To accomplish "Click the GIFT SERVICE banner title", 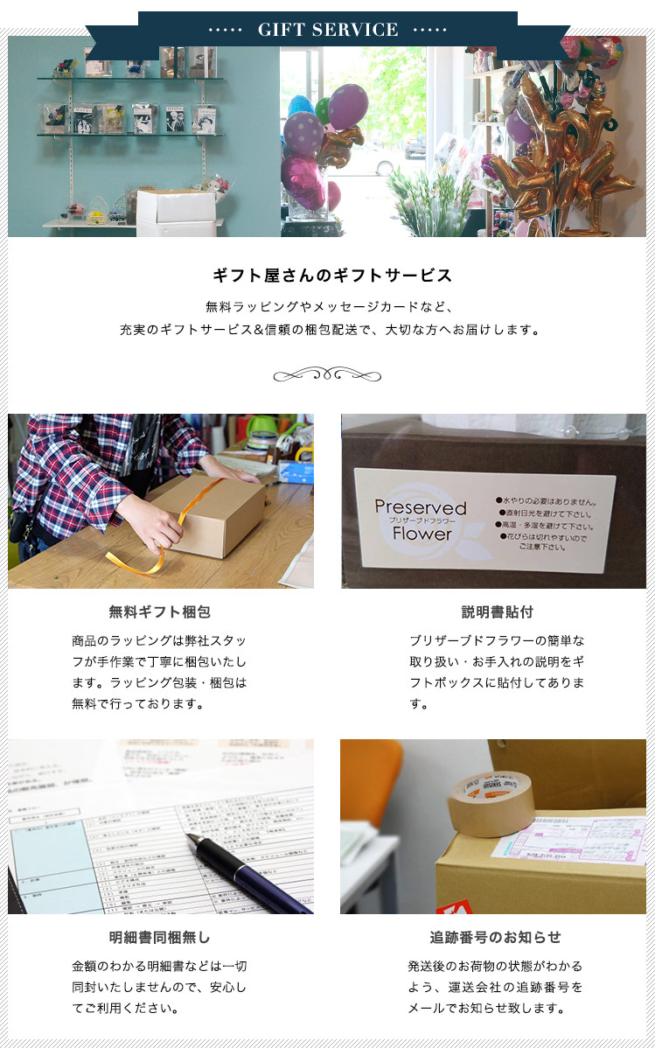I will point(328,30).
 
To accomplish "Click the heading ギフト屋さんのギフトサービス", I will point(332,276).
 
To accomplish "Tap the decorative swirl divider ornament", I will point(327,376).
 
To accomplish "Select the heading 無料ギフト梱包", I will point(160,611).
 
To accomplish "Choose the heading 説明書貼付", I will point(497,611).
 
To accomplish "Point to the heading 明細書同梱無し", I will point(160,937).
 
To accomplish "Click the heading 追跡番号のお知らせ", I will point(496,937).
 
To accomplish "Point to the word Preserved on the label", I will point(421,507).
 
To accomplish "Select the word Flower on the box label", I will point(422,533).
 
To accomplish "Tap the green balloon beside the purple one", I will point(323,110).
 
